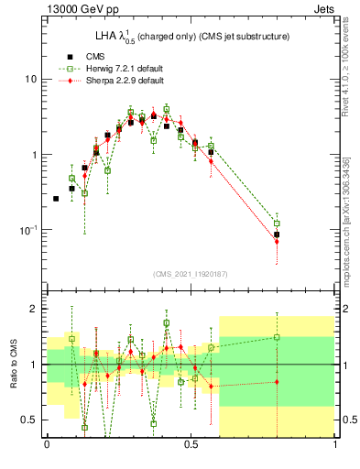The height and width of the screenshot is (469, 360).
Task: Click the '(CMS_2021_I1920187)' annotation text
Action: (191, 272)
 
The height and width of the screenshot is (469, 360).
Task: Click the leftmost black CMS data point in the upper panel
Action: (56, 198)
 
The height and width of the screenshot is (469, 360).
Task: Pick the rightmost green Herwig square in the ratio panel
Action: (277, 337)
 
